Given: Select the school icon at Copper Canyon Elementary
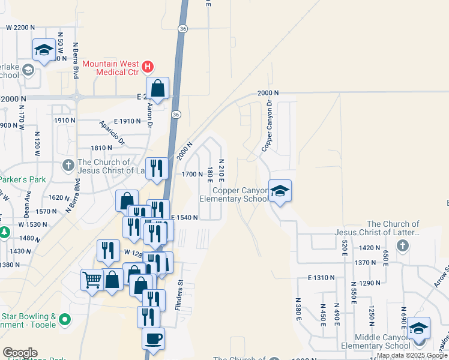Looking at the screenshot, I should (x=280, y=191).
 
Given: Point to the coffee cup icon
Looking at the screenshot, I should (x=153, y=338).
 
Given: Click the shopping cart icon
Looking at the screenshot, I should (x=92, y=279).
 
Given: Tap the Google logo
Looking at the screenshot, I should (x=20, y=353).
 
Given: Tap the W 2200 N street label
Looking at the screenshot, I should (x=26, y=28).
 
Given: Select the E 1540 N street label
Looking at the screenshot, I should (x=185, y=218).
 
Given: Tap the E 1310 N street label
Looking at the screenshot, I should (x=321, y=278).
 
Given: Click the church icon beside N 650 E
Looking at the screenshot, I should (x=402, y=246).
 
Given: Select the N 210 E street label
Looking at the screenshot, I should (x=221, y=170).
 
